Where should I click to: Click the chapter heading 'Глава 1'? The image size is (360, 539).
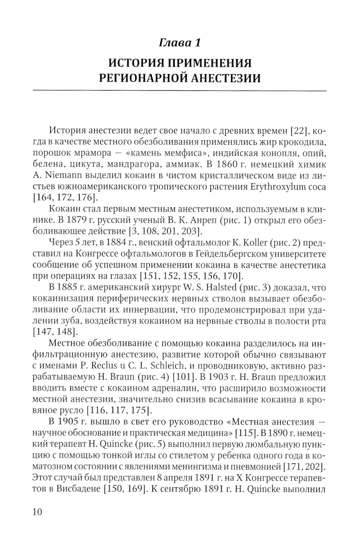[180, 43]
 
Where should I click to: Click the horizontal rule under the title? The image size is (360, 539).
[180, 90]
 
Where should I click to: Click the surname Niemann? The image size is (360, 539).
[63, 176]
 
